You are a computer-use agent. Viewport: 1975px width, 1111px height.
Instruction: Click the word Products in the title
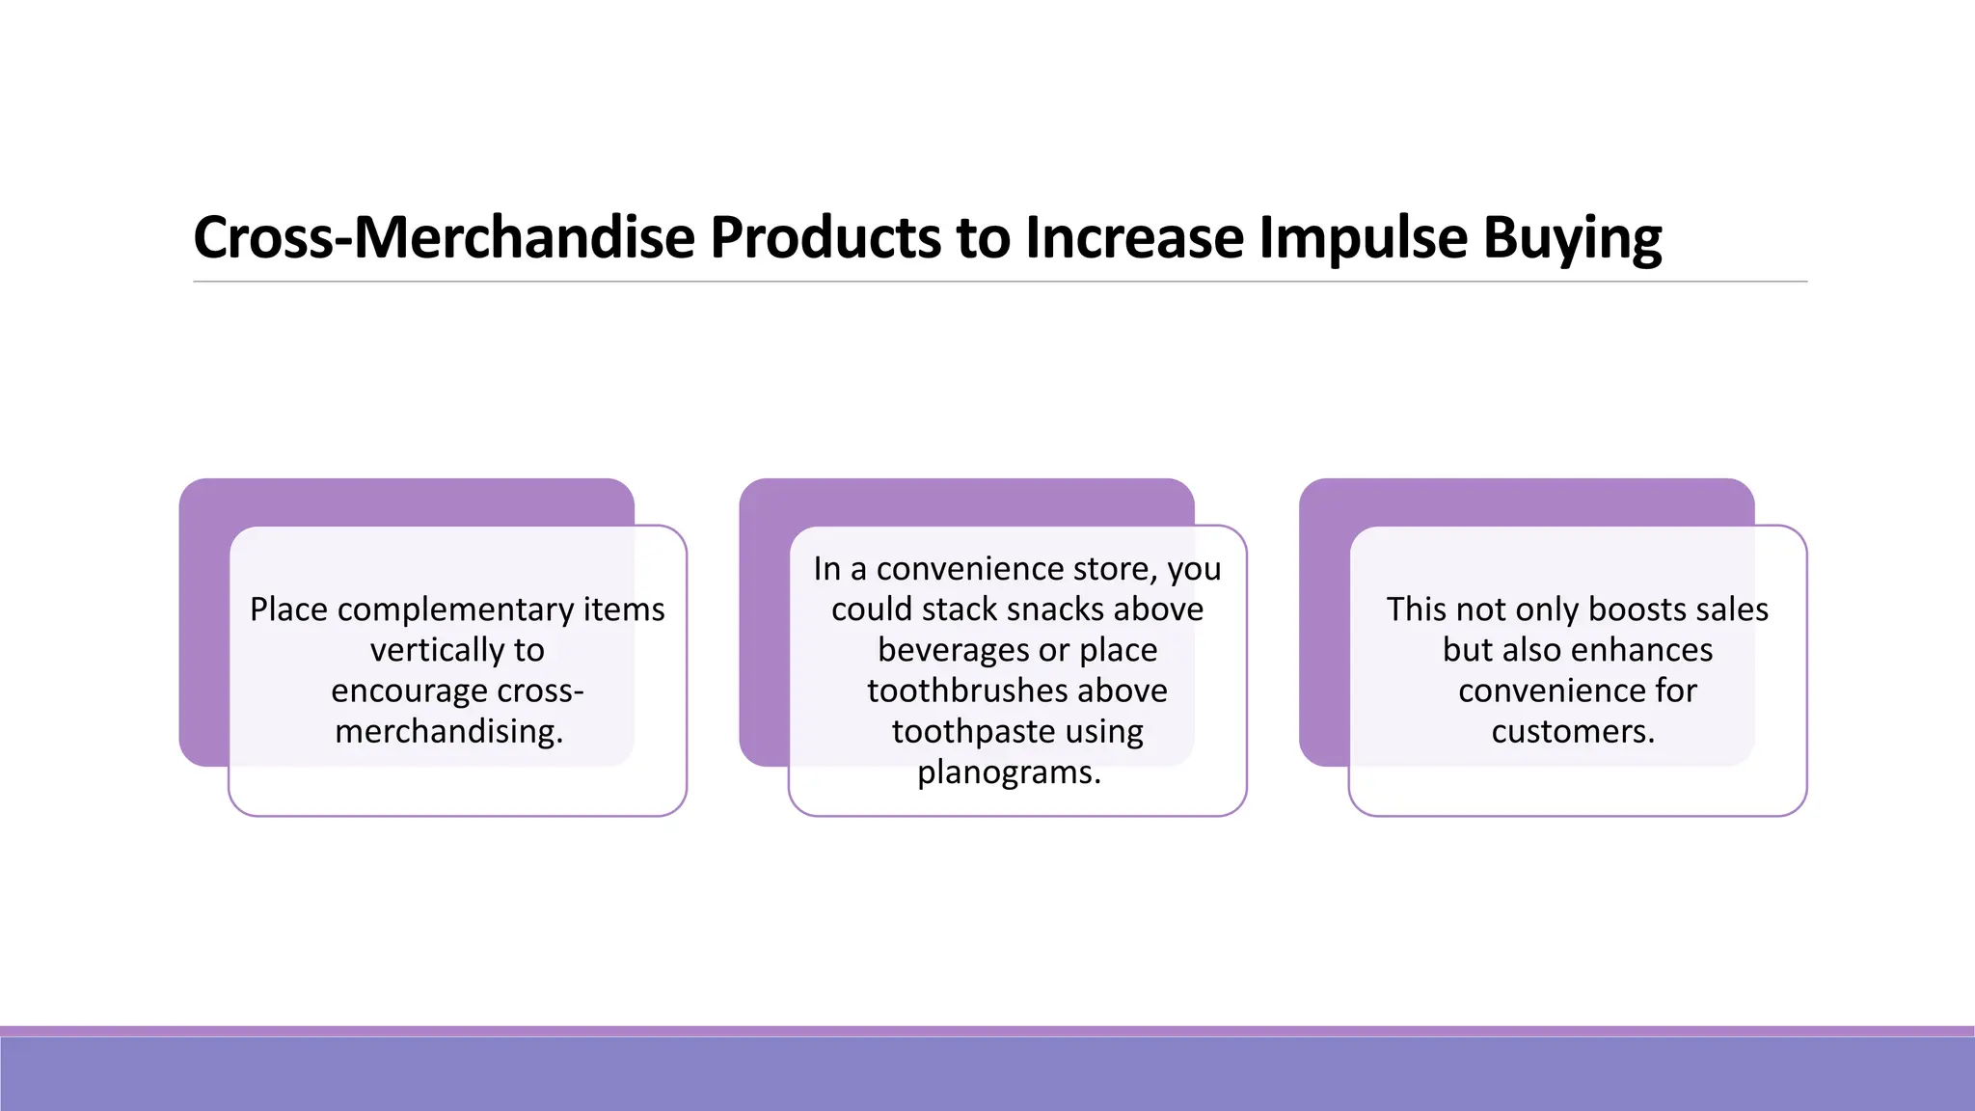coord(825,237)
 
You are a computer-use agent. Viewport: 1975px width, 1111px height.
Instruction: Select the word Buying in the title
coord(1572,237)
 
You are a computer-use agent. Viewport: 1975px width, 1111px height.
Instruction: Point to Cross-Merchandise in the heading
coord(444,237)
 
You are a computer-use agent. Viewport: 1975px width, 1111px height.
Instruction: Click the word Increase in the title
coord(1134,237)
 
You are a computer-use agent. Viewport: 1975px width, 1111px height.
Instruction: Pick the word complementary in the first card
coord(455,610)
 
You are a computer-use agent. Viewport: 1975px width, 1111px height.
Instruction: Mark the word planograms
coord(1008,772)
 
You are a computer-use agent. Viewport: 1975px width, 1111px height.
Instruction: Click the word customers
coord(1573,731)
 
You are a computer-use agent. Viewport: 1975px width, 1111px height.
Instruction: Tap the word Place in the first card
coord(288,610)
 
